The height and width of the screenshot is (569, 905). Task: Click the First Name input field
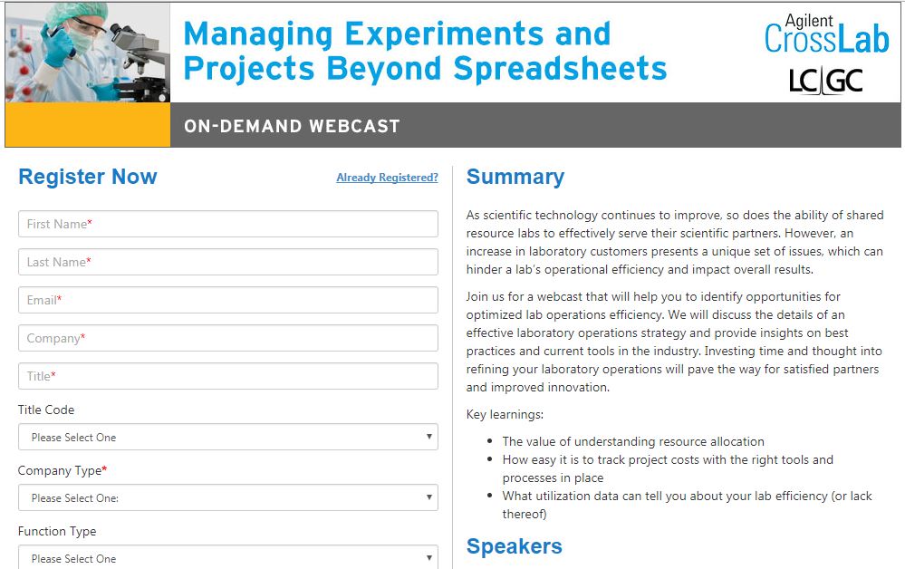tap(228, 224)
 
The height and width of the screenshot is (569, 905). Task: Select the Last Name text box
tap(228, 262)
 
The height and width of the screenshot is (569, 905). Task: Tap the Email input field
tap(228, 300)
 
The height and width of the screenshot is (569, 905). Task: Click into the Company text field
tap(228, 338)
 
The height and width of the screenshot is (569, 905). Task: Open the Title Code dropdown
tap(228, 437)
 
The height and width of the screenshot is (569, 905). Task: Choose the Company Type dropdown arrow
tap(428, 497)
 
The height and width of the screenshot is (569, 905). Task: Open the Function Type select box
tap(228, 557)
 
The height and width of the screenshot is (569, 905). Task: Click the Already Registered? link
tap(388, 178)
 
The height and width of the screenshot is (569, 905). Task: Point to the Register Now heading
tap(88, 177)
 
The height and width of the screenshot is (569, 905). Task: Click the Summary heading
tap(515, 177)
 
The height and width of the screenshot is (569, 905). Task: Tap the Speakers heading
tap(515, 546)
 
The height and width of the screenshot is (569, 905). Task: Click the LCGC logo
tap(826, 81)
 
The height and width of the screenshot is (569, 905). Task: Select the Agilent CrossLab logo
tap(826, 34)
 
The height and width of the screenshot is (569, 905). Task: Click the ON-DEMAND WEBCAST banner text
tap(292, 126)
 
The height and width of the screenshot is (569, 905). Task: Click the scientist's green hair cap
tap(70, 12)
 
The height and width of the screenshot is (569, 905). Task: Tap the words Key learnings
tap(505, 414)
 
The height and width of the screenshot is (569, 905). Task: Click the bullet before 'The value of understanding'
tap(489, 441)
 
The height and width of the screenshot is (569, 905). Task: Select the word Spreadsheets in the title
tap(560, 69)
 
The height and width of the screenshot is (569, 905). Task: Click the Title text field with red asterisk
tap(228, 376)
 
